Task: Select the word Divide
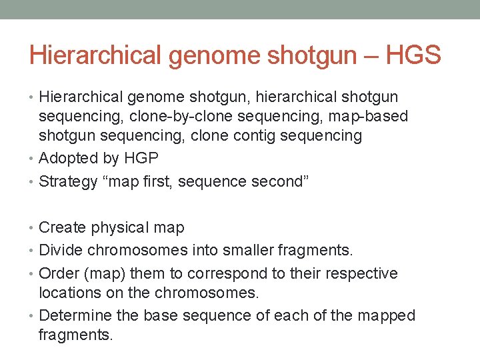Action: pos(63,250)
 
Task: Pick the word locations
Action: pos(69,292)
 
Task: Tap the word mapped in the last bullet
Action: pos(387,315)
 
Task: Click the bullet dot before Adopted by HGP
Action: pos(33,159)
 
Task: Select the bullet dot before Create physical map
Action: pos(33,228)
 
